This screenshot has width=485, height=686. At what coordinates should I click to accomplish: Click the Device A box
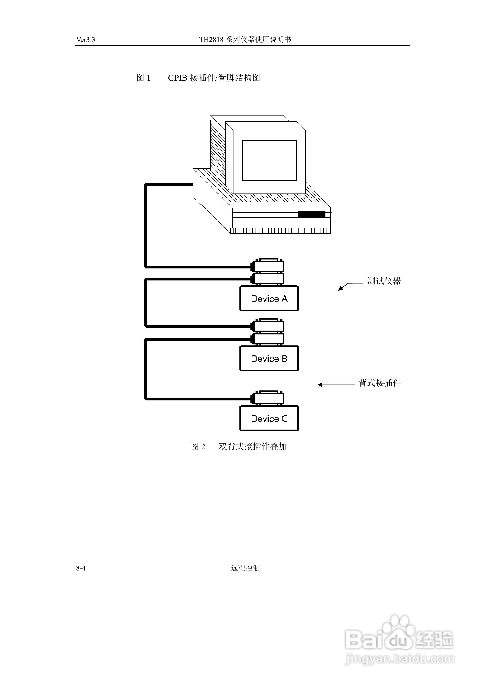[269, 298]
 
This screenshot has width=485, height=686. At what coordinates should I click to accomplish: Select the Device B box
[269, 358]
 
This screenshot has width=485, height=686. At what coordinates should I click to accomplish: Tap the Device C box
[269, 418]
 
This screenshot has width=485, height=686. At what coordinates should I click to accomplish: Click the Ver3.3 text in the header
[86, 40]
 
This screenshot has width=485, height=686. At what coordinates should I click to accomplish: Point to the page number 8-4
[81, 568]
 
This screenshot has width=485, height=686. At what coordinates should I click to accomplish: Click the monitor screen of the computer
[269, 161]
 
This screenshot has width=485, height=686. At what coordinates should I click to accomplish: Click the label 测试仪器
[384, 281]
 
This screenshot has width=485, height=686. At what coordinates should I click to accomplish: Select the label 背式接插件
[380, 383]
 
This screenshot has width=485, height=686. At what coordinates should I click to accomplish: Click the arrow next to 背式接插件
[336, 385]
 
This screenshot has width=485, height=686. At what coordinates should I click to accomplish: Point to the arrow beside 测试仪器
[350, 286]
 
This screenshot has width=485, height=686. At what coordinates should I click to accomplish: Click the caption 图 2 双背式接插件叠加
[239, 446]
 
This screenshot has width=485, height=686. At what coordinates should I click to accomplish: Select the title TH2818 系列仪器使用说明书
[245, 40]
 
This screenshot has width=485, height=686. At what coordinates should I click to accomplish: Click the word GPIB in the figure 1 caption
[178, 78]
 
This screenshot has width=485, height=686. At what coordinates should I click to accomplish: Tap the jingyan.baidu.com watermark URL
[400, 659]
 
